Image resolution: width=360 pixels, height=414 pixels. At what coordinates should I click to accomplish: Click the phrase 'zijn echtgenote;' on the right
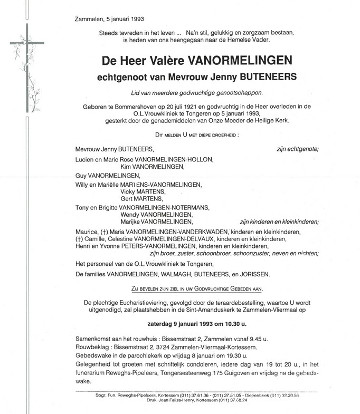coord(297,150)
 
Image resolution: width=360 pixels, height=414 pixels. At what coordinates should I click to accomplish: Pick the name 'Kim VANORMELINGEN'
coord(153,167)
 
